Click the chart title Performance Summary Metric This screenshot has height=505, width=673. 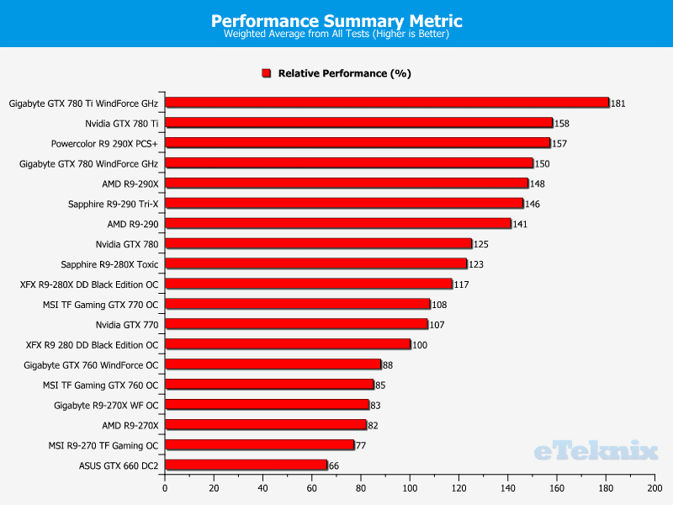(x=336, y=20)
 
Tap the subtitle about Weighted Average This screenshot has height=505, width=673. (x=336, y=35)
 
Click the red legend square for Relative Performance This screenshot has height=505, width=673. (x=266, y=74)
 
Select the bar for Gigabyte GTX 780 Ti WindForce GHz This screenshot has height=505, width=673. (x=386, y=103)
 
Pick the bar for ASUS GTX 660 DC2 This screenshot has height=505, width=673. (x=246, y=465)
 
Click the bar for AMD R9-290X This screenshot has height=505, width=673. (x=346, y=183)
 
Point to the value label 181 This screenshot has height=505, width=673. (x=618, y=104)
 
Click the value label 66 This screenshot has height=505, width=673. (x=335, y=465)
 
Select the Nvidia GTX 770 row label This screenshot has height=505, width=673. (x=127, y=324)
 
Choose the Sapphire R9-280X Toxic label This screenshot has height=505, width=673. (x=109, y=263)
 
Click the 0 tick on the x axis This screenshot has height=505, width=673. (x=165, y=488)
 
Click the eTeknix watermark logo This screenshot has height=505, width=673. (x=595, y=452)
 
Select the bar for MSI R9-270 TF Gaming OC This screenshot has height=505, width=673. (x=259, y=444)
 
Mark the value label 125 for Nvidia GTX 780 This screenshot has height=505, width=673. (x=480, y=244)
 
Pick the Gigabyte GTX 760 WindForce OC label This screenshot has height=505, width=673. (x=91, y=364)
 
